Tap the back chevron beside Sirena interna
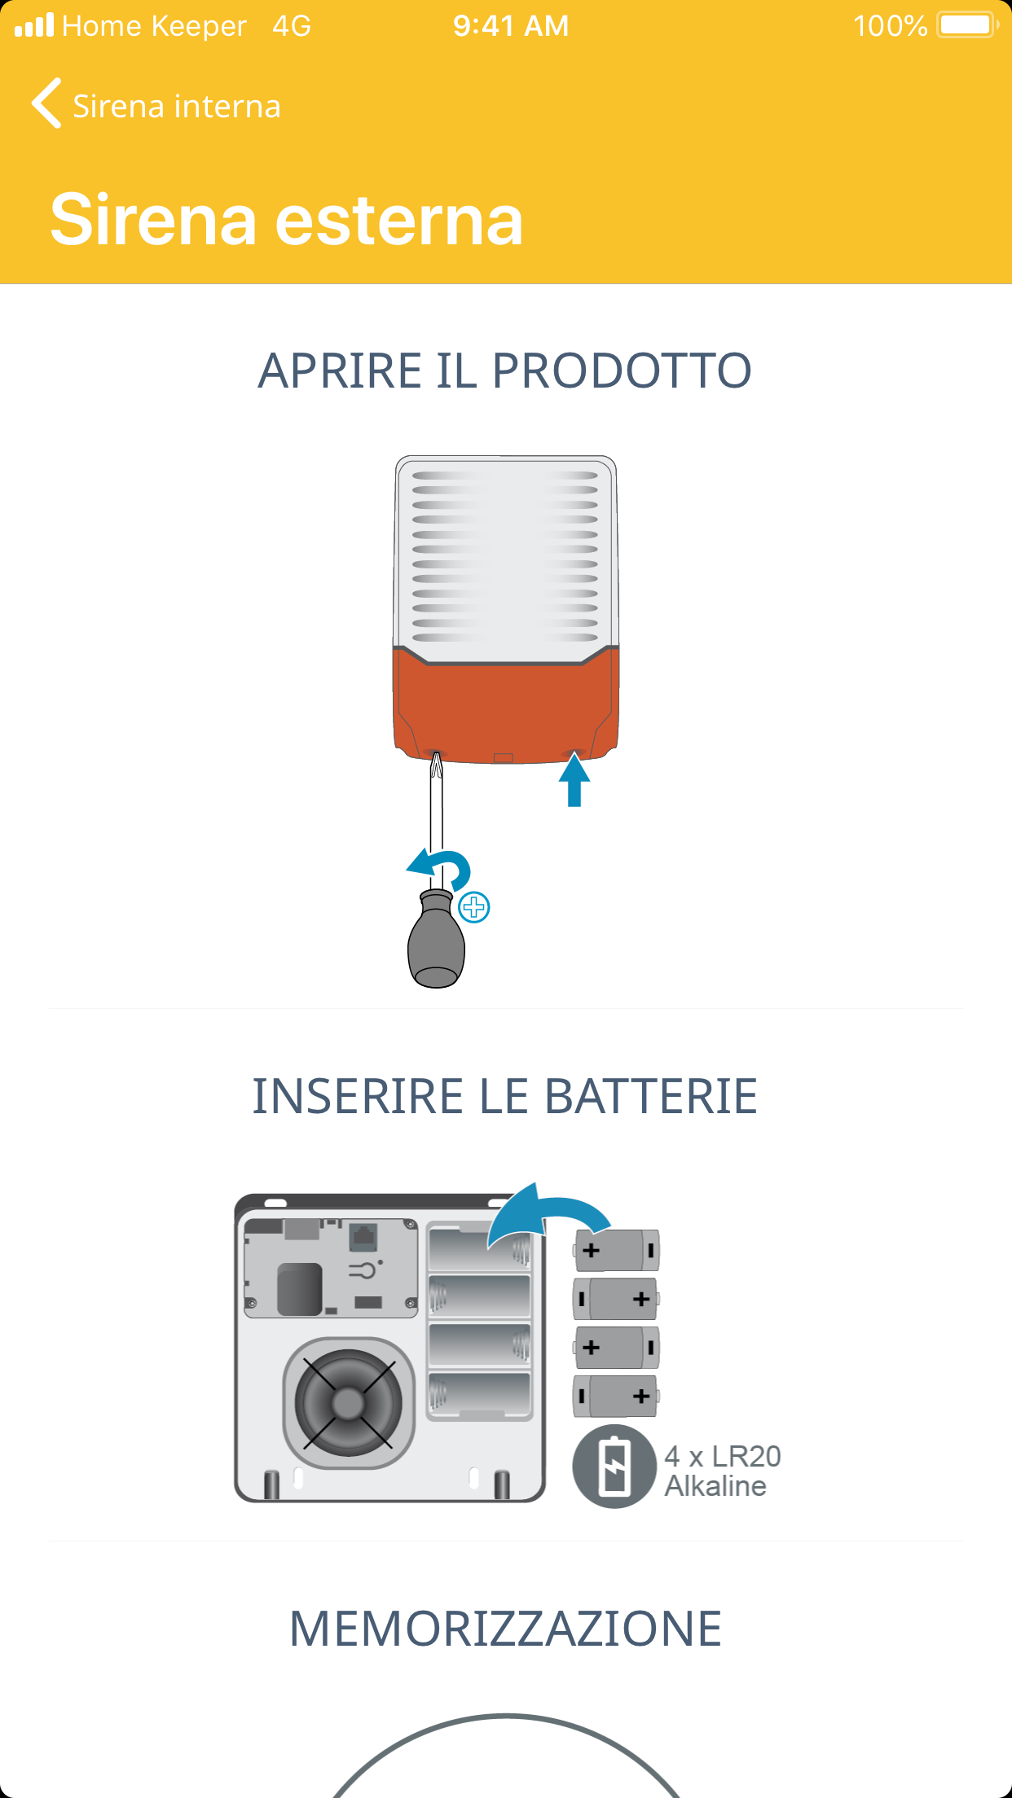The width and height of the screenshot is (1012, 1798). coord(46,103)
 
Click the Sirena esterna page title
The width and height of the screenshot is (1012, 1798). coord(287,219)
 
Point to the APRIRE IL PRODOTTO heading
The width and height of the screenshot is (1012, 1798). coord(505,371)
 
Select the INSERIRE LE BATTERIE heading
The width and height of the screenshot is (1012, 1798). coord(505,1096)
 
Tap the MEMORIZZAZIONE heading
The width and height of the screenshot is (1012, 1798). coord(505,1629)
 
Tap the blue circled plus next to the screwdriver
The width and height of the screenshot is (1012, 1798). coord(474,907)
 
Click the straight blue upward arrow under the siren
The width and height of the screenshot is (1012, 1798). coord(574,780)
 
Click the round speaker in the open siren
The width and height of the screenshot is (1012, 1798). coord(348,1402)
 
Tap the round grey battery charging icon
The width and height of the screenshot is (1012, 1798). coord(614,1467)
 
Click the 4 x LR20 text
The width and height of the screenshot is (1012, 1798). coord(723,1456)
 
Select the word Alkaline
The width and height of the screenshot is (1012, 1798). coord(715,1486)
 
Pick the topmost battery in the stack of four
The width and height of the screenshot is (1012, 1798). coord(616,1250)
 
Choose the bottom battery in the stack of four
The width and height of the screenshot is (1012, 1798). coord(616,1397)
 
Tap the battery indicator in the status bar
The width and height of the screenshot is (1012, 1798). coord(968,25)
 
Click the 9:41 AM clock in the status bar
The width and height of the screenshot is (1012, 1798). coord(511,26)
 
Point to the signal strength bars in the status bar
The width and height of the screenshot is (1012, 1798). coord(34,25)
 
